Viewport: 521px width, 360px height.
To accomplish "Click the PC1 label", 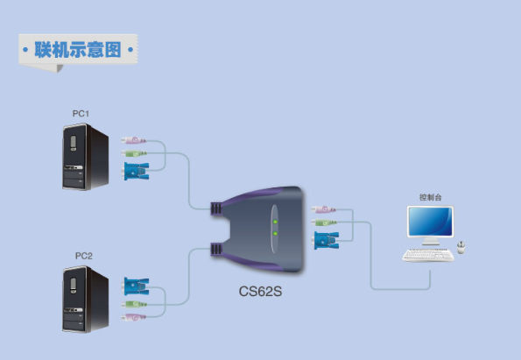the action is [x=81, y=114].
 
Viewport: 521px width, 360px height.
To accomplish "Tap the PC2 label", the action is [x=84, y=256].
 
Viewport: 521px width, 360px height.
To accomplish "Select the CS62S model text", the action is [x=260, y=292].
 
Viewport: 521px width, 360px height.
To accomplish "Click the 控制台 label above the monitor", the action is [x=430, y=197].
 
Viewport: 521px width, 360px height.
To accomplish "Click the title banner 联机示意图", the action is [x=78, y=50].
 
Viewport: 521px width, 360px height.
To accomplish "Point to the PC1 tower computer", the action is [x=86, y=157].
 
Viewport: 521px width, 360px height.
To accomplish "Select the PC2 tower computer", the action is [x=86, y=300].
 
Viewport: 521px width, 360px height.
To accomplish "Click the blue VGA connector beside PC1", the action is [x=136, y=171].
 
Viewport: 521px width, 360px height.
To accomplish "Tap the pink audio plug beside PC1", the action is [x=133, y=140].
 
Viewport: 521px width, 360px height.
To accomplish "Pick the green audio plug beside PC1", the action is [x=134, y=153].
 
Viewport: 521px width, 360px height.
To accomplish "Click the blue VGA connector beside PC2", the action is [x=136, y=286].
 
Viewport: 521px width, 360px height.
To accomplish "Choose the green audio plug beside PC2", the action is [x=134, y=304].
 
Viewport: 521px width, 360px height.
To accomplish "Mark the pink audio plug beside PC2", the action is [x=133, y=317].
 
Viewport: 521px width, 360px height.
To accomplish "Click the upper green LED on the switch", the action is [x=275, y=222].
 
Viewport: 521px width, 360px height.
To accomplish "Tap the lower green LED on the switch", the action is [x=275, y=233].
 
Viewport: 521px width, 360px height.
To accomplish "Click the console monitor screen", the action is [x=430, y=222].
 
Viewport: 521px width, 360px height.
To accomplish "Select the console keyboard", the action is [x=428, y=255].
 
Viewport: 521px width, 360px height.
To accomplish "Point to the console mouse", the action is [x=461, y=247].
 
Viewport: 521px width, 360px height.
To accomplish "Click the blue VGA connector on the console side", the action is [x=327, y=240].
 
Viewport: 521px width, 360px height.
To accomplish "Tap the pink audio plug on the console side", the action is [x=324, y=209].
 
